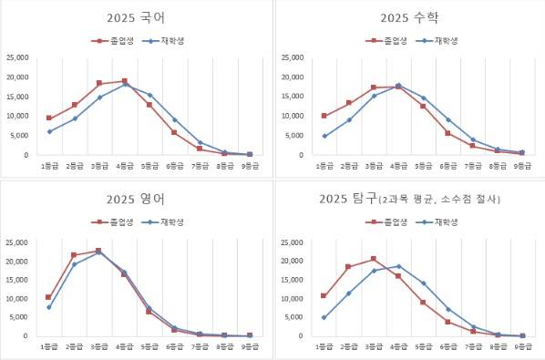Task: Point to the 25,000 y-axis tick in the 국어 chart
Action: [x=17, y=57]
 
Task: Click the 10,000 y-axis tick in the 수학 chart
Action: [x=292, y=116]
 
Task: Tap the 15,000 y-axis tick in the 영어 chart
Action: [x=17, y=280]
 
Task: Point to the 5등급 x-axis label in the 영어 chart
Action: [x=149, y=347]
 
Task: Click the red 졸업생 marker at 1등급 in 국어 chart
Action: [x=49, y=118]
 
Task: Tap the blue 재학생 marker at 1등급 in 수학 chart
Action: [x=324, y=136]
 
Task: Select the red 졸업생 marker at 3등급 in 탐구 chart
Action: [x=374, y=259]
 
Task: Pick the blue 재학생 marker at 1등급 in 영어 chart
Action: [x=49, y=307]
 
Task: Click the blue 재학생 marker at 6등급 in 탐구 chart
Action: [x=447, y=309]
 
